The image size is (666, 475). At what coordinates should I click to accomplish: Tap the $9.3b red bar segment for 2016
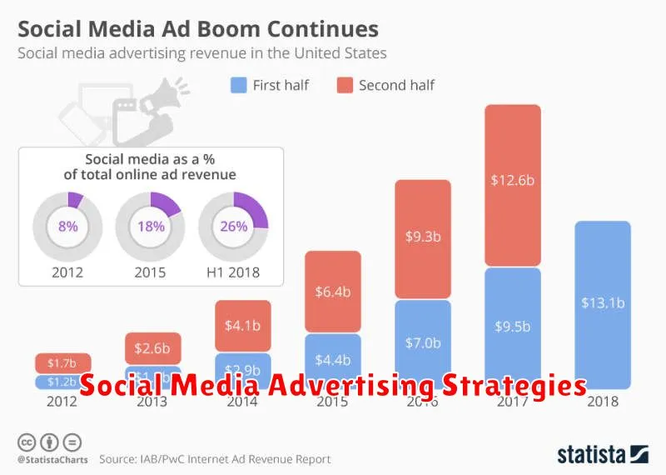422,238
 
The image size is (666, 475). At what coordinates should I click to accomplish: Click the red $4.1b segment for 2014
242,326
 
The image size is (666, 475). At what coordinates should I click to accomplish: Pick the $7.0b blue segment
422,342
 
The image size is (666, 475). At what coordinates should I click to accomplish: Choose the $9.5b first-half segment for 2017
512,327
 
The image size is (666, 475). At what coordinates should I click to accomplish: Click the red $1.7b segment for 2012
62,363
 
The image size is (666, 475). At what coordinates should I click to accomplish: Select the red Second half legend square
344,84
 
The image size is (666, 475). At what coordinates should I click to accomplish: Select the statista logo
602,454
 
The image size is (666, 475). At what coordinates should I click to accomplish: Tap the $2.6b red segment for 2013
152,348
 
